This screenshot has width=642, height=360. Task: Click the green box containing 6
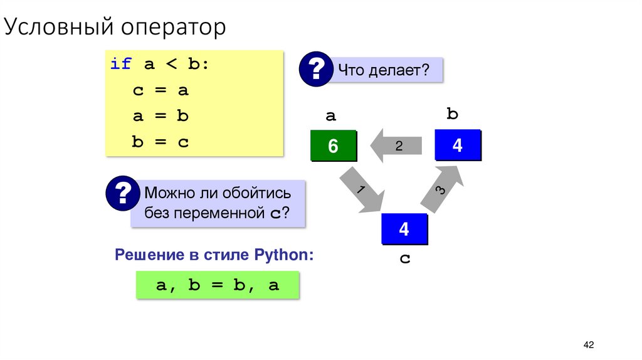333,146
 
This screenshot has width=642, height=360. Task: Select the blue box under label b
457,146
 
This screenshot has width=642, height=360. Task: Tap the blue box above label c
404,229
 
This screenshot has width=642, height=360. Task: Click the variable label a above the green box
330,115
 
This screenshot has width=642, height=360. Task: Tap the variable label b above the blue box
453,114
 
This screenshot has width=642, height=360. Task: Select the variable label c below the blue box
404,258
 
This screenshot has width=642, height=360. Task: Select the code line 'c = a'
160,90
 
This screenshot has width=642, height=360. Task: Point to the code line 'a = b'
160,117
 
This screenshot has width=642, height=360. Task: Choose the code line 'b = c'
160,142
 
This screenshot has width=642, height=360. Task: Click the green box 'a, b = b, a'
218,285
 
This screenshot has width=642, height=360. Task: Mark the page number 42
588,345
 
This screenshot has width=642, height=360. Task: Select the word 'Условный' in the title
60,28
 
